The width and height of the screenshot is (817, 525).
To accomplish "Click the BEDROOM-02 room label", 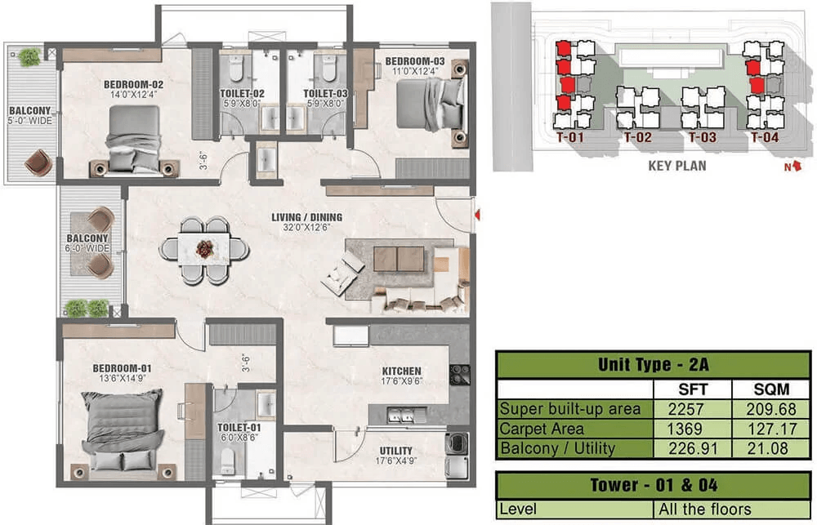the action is coord(133,84).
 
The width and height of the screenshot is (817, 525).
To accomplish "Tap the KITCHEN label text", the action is coord(401,371).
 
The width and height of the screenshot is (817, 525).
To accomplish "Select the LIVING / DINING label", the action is coord(307,217).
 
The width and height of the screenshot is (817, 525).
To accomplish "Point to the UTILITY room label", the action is coord(396,451).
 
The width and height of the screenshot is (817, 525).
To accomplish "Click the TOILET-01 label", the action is coord(239,428).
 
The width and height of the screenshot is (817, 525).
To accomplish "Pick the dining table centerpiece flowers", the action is coord(205,249).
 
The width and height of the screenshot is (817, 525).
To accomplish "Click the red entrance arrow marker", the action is coord(477,214).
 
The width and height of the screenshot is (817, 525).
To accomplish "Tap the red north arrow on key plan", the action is coord(795,166).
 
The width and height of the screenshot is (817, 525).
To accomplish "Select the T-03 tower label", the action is coord(703,137).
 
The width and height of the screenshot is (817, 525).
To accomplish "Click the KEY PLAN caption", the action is coord(677,166).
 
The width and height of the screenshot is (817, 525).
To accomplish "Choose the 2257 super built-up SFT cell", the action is coord(685,409).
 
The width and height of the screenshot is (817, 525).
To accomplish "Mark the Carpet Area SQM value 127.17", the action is coord(772,429).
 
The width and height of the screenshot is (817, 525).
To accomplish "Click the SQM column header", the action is coord(771,389).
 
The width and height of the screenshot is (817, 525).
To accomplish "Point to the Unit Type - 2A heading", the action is coord(654,364).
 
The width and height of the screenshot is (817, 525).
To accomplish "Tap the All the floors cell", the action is coord(704,509).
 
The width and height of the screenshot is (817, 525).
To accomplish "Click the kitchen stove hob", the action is coord(459,375).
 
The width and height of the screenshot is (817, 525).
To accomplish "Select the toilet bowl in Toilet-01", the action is coord(227,461).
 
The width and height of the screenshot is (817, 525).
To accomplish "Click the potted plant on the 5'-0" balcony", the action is coord(29,57).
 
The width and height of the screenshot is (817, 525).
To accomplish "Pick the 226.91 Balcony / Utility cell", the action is coord(693,448).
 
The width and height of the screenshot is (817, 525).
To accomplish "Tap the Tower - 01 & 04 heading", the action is coord(654,485).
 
